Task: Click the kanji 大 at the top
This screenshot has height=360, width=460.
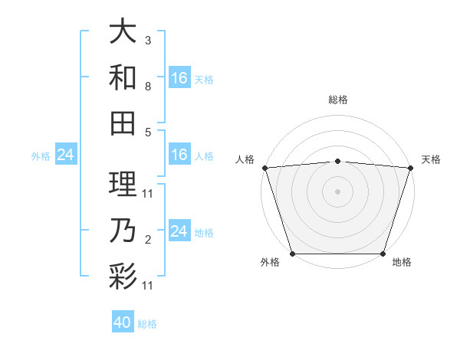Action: (x=123, y=32)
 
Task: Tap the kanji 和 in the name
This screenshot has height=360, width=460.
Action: (x=123, y=77)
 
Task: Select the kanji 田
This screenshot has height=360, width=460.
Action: (x=123, y=123)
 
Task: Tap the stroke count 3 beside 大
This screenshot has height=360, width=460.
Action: (x=147, y=40)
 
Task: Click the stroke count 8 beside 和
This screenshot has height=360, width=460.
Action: (x=147, y=87)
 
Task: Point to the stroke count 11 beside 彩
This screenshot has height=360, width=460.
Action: (x=149, y=286)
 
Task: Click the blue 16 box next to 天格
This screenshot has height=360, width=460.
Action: (x=179, y=78)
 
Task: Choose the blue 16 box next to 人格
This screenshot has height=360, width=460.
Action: (x=179, y=155)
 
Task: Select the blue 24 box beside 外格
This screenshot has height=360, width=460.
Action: (x=66, y=155)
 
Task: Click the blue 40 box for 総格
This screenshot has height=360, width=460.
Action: (x=123, y=322)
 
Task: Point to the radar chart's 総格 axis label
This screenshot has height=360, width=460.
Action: (x=338, y=100)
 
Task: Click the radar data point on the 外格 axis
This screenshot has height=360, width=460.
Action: (x=292, y=254)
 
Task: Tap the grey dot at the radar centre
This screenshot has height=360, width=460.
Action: (x=338, y=191)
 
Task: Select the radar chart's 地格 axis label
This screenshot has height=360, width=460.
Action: (x=402, y=263)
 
